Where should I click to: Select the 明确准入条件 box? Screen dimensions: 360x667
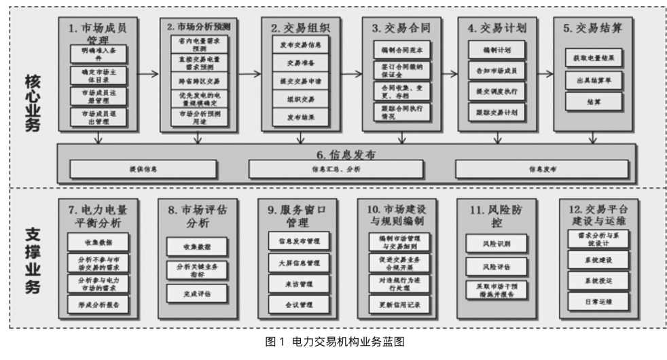(x=98, y=54)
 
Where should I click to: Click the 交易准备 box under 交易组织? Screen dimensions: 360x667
(x=295, y=63)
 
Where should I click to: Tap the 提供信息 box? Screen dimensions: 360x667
(x=143, y=168)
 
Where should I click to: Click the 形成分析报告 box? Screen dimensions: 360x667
(x=98, y=305)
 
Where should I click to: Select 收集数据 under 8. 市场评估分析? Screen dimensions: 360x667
(x=197, y=247)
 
